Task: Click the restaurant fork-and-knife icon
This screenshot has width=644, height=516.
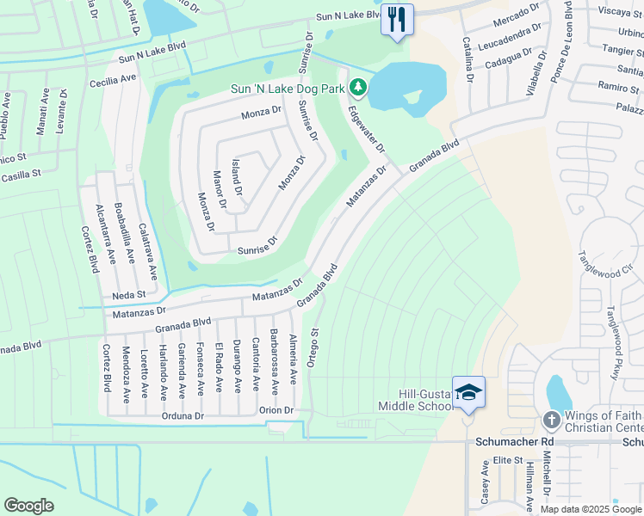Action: [x=397, y=20]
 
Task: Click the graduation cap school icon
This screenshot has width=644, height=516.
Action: [x=468, y=392]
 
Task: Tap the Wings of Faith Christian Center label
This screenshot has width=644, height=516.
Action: [x=604, y=421]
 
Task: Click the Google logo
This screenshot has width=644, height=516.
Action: [x=29, y=506]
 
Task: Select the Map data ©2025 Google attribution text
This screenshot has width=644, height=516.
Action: [x=591, y=509]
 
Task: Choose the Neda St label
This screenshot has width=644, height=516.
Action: [x=129, y=294]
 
